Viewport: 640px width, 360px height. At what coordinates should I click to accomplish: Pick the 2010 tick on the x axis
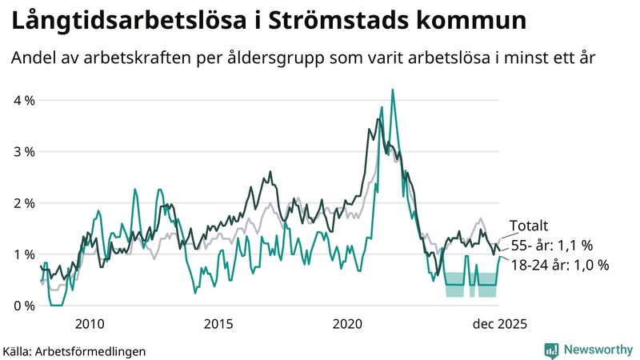[89, 324]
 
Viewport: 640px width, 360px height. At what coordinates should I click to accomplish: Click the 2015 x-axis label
[218, 324]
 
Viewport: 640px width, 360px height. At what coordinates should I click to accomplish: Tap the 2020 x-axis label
[348, 324]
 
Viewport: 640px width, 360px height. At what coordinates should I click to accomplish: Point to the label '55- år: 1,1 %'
[550, 246]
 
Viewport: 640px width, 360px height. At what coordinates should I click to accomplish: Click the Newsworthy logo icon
[551, 350]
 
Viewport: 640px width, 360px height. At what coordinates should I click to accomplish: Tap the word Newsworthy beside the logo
[597, 350]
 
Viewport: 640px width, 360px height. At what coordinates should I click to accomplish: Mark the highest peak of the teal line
[392, 90]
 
